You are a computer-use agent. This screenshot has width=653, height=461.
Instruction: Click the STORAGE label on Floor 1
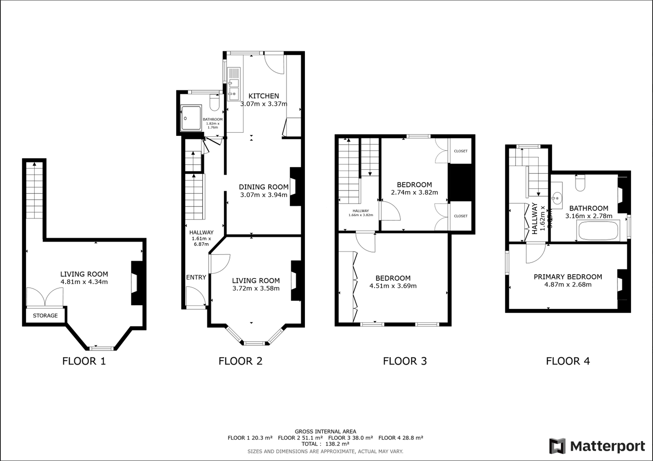pos(45,315)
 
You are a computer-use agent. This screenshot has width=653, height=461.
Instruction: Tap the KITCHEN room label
pos(264,96)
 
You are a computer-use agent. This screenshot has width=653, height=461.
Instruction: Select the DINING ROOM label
pos(264,187)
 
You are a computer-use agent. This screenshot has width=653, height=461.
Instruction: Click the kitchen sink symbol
pos(233,84)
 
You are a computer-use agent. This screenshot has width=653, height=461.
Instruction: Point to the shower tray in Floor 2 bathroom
pos(191,118)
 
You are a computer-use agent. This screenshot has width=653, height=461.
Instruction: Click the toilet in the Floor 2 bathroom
pos(215,102)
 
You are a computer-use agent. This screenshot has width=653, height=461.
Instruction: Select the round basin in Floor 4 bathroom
pos(557,199)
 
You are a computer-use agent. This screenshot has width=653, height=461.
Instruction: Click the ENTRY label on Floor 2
pos(196,277)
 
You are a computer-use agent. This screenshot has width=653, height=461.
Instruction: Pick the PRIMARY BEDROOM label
pos(568,277)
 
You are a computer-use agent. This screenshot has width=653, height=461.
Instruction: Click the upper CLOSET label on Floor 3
pos(460,151)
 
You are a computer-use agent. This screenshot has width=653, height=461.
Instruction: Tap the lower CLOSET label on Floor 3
pos(460,216)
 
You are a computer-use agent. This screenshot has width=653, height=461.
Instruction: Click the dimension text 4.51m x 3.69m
pos(393,286)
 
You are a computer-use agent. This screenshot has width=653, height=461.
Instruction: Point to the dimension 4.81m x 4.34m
pos(84,282)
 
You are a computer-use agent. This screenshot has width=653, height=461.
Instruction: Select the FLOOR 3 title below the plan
pos(404,361)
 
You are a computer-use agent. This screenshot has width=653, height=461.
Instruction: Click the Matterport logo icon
pos(557,446)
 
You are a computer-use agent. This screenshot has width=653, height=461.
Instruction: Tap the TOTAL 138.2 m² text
pos(325,444)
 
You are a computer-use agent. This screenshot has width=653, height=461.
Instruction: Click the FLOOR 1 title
pos(84,361)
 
